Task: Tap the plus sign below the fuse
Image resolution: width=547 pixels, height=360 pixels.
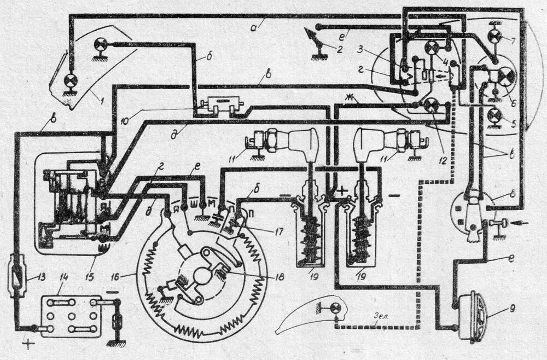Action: coord(26,346)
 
